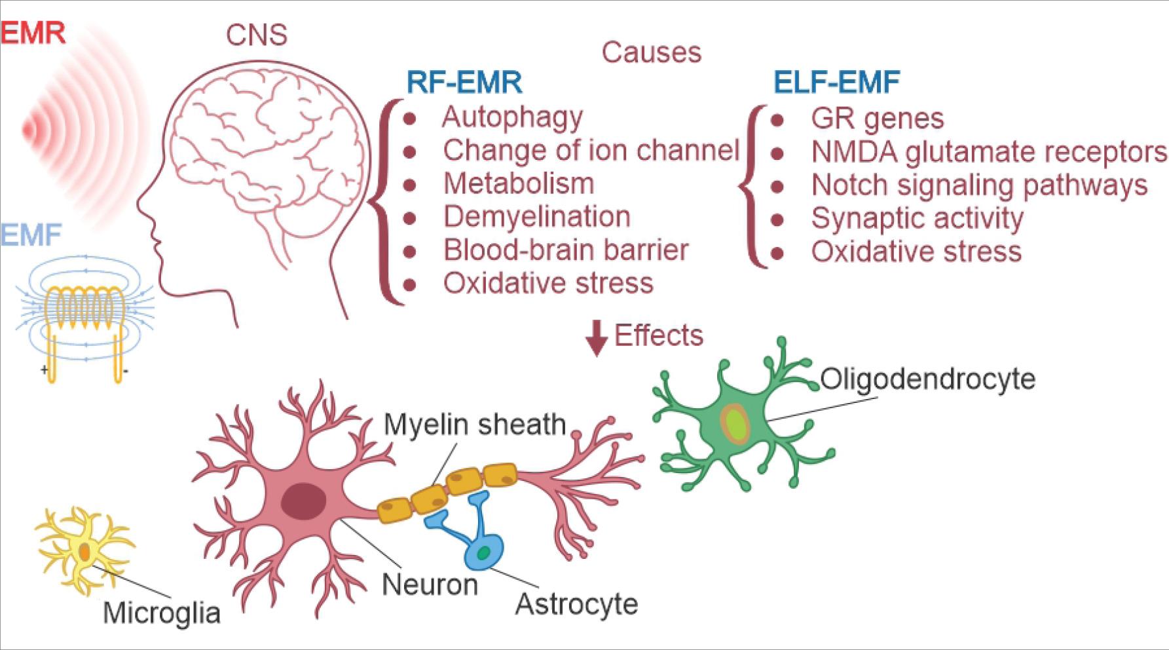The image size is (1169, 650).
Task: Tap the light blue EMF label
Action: pos(31,235)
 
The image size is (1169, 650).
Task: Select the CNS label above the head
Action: pos(256,35)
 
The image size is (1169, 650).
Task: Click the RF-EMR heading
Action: pos(464,83)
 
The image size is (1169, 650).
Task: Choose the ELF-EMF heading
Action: pos(836,83)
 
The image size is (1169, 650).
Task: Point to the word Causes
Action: pos(651,52)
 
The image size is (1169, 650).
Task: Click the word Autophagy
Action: pos(512,117)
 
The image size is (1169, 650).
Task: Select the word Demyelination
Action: pos(536,217)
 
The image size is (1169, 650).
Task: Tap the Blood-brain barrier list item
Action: pos(566,250)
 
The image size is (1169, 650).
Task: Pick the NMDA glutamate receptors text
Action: pos(989,152)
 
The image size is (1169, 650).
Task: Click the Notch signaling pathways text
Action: pos(979,185)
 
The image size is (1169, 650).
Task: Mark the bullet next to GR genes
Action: pos(777,120)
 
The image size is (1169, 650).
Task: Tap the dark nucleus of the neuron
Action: pos(304,501)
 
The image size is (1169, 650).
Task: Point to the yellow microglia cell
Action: pos(84,550)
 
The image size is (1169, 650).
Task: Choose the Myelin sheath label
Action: pos(474,425)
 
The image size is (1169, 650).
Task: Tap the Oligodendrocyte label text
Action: pos(927,379)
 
